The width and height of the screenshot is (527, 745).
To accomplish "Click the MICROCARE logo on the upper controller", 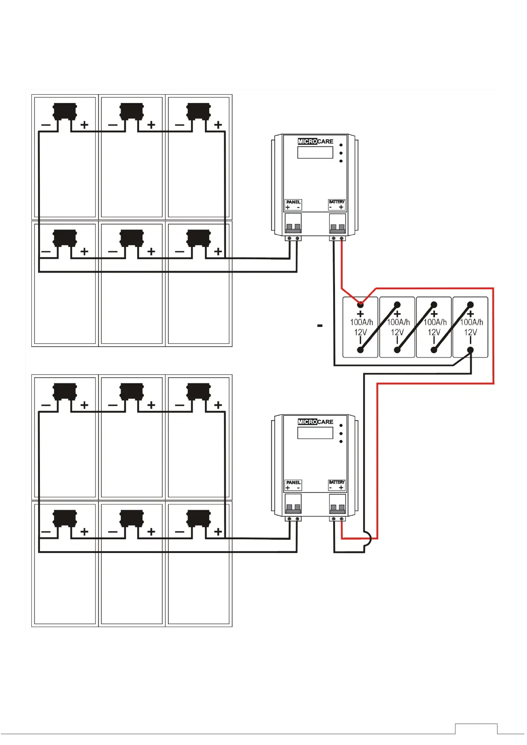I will pos(315,142).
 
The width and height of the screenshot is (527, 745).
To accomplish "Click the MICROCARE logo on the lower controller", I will pos(315,422).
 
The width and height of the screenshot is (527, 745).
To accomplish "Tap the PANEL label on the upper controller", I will pos(293,202).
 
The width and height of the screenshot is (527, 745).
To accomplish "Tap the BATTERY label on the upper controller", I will pos(336,202).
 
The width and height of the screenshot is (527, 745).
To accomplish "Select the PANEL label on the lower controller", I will pos(293,483).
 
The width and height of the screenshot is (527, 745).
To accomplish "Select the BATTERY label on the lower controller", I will pos(336,482).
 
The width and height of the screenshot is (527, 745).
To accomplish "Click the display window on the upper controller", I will pos(315,153).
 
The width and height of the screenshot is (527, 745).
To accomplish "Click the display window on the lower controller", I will pos(315,433).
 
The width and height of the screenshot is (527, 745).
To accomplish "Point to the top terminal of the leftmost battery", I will pos(361,304).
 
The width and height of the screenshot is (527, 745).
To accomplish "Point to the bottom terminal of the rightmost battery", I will pos(470,350).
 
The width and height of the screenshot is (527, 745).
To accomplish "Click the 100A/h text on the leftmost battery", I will pos(362,323).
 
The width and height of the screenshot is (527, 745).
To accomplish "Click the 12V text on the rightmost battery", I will pos(470,333).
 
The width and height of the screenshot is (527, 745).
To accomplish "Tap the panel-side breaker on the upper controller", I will pos(293,223).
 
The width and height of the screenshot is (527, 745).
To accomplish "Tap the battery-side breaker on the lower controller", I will pos(337,504).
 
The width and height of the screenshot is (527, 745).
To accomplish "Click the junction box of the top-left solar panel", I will pos(65,111).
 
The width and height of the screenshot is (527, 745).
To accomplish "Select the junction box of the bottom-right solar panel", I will pos(198,518).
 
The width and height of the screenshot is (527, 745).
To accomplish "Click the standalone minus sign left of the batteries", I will pos(320,326).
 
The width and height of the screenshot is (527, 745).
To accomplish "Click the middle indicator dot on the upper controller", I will pos(341,153).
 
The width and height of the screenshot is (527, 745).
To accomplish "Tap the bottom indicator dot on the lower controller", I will pos(341,442).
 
